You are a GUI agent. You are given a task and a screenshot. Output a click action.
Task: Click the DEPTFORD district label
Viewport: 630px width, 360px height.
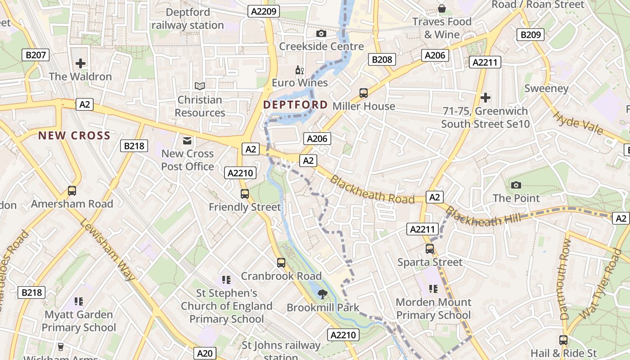click(295, 105)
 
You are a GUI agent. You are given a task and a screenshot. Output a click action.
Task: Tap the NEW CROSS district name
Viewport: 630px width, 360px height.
click(74, 135)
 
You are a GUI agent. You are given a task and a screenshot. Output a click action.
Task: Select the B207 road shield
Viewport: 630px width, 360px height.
click(36, 55)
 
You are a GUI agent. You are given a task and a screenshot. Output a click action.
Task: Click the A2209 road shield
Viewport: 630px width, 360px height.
click(264, 12)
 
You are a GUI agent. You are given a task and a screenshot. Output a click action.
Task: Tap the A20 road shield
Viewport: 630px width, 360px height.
click(205, 354)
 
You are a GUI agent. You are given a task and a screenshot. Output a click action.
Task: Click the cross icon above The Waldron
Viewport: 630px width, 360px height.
click(81, 63)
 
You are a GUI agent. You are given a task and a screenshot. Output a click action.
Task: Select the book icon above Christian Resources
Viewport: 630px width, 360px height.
click(199, 86)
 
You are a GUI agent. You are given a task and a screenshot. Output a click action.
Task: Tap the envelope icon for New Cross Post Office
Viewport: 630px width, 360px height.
click(187, 141)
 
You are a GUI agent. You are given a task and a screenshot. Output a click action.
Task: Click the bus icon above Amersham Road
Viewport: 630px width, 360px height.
click(72, 191)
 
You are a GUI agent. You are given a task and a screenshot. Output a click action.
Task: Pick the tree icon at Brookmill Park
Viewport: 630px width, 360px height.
click(322, 295)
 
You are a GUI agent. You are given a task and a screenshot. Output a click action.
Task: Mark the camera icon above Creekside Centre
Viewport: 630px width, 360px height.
click(321, 33)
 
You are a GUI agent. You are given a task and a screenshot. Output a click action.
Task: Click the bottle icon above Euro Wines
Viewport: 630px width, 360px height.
click(300, 70)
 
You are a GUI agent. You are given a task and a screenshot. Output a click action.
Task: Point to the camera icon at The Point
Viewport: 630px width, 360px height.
click(516, 185)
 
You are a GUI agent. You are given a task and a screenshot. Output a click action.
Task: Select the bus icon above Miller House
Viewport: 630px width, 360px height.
click(364, 93)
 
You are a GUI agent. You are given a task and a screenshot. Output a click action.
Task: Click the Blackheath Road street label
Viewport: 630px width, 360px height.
click(372, 189)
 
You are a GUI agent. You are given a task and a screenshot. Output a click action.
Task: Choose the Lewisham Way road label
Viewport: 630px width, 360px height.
click(108, 250)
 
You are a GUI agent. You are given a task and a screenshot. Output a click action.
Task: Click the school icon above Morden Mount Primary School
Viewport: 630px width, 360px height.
click(433, 289)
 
